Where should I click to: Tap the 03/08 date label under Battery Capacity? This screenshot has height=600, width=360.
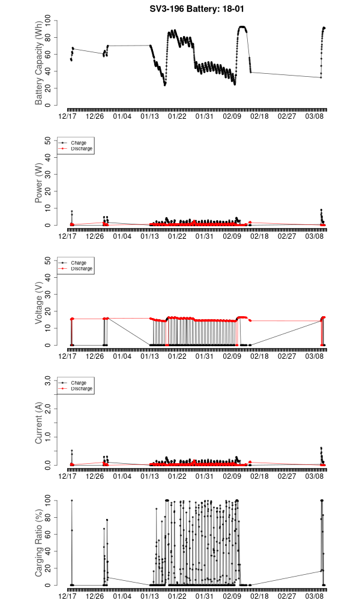coord(314,116)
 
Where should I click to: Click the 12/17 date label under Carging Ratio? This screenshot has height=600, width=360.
coord(67,596)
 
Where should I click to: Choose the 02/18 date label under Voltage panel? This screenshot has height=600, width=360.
coord(259,356)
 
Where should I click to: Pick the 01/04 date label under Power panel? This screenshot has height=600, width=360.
coord(122,236)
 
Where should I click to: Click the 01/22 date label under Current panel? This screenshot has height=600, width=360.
coord(177,476)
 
